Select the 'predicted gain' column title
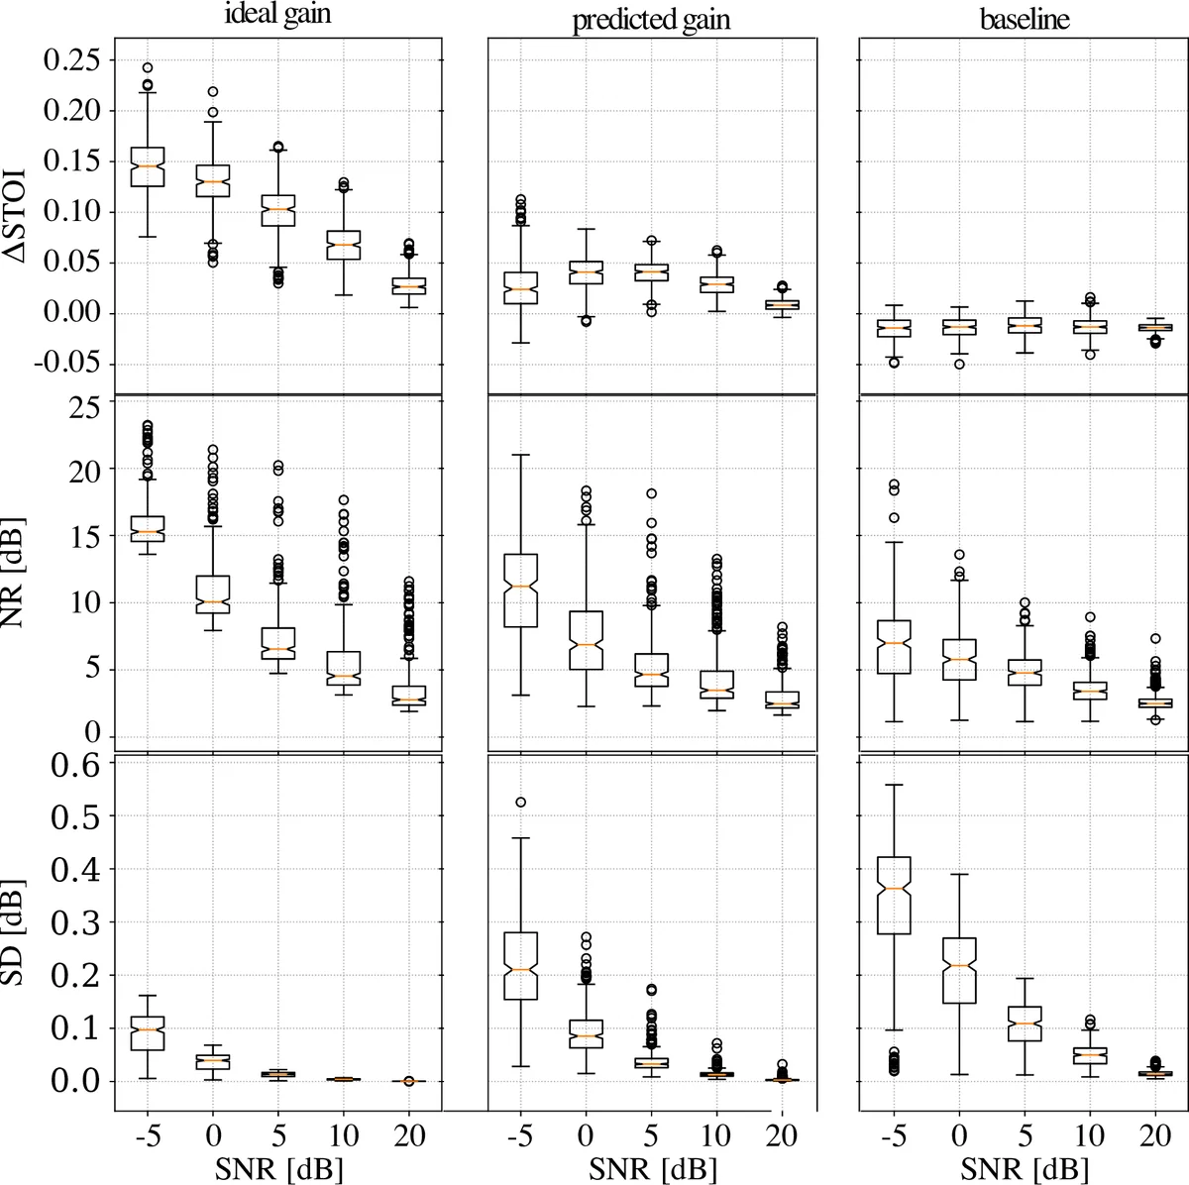651,21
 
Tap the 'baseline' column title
1025,19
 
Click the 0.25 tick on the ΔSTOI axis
72,60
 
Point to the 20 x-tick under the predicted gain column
782,1135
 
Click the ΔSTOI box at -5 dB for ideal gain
147,165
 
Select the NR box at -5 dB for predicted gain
520,590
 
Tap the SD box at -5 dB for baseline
894,895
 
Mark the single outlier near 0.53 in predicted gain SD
520,803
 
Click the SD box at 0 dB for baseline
959,969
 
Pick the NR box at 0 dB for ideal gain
212,594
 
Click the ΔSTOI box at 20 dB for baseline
1155,327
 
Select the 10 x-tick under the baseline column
1090,1135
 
